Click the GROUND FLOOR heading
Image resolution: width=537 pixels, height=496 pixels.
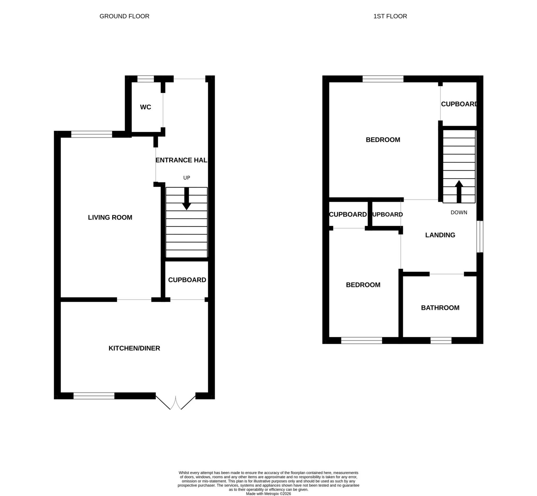[x=124, y=16]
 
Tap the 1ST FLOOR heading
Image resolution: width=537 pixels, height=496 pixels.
[x=390, y=16]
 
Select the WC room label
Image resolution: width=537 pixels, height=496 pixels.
[x=145, y=107]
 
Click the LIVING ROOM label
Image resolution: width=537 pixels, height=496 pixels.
[x=110, y=217]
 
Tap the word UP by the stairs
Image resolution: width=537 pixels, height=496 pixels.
[x=186, y=178]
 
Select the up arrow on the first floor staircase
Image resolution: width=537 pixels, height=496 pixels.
[x=459, y=191]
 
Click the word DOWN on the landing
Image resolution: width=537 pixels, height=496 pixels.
[x=459, y=213]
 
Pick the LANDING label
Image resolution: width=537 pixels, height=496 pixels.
[x=440, y=235]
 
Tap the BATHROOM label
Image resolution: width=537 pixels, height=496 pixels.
[x=440, y=308]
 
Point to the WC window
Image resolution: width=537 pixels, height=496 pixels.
[x=146, y=79]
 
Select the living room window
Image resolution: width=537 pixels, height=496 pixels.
[x=91, y=134]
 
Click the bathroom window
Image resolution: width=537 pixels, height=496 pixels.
[x=441, y=341]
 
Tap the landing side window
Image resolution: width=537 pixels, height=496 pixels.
[x=480, y=237]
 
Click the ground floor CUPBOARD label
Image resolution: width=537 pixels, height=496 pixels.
[x=187, y=280]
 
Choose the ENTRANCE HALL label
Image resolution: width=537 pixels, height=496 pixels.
[x=181, y=160]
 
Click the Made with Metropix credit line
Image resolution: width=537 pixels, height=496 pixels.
[x=268, y=494]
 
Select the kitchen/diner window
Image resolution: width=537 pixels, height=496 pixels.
[x=94, y=396]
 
